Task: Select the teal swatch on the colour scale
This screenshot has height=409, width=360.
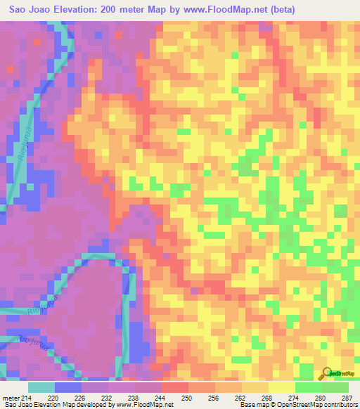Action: (41, 387)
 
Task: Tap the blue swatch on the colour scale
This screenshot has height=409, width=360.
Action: (68, 387)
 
